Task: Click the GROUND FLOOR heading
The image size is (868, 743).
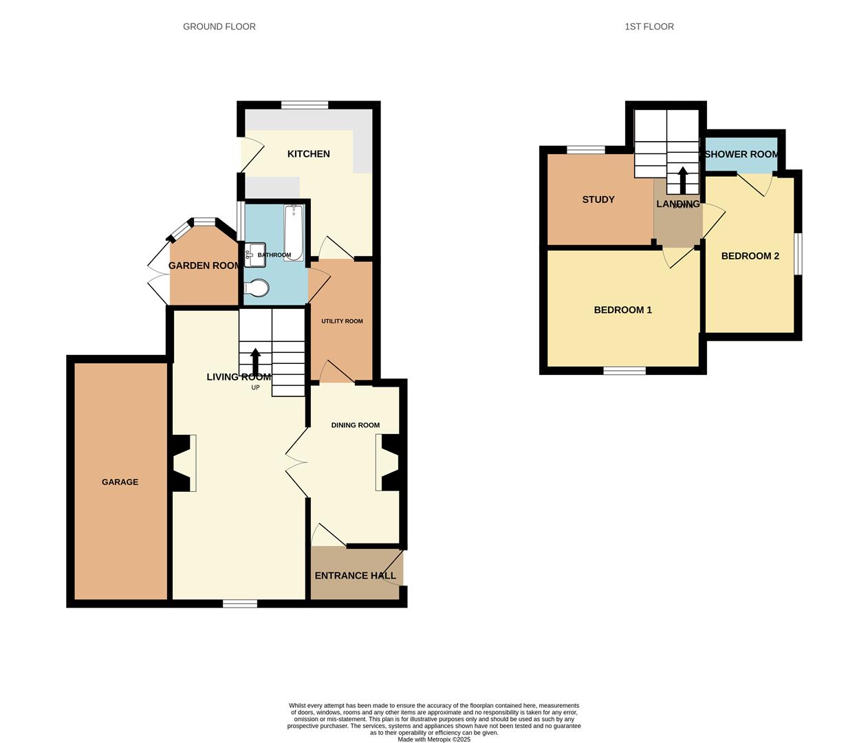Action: pyautogui.click(x=219, y=27)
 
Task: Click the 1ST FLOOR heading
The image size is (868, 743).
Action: pyautogui.click(x=649, y=27)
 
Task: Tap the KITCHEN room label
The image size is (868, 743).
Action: pyautogui.click(x=308, y=154)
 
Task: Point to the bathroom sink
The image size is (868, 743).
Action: pyautogui.click(x=255, y=255)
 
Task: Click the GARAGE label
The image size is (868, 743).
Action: pyautogui.click(x=120, y=482)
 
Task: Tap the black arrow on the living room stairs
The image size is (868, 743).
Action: pyautogui.click(x=256, y=362)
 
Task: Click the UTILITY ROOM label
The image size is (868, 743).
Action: pyautogui.click(x=342, y=321)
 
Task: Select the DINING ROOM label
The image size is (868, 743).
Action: pyautogui.click(x=355, y=425)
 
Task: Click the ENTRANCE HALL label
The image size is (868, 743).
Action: pyautogui.click(x=355, y=576)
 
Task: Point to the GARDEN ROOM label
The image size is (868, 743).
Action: pyautogui.click(x=204, y=266)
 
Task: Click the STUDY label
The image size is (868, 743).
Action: pyautogui.click(x=598, y=200)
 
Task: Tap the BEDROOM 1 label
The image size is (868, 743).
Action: pyautogui.click(x=622, y=310)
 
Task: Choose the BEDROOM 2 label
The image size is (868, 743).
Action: pyautogui.click(x=750, y=256)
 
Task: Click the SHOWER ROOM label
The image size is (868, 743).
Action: pyautogui.click(x=741, y=154)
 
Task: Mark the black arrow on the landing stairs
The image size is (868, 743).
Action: pyautogui.click(x=682, y=180)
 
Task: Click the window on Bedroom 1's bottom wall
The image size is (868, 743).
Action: pyautogui.click(x=625, y=371)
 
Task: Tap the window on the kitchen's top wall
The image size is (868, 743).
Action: pyautogui.click(x=304, y=105)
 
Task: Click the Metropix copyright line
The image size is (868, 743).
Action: pyautogui.click(x=434, y=740)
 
